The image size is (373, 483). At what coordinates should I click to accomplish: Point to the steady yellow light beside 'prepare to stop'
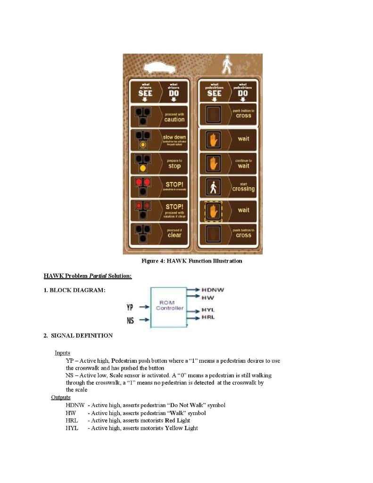click(x=143, y=167)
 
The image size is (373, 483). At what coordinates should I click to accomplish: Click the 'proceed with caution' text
click(x=174, y=117)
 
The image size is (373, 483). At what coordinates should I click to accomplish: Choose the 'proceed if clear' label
click(x=174, y=233)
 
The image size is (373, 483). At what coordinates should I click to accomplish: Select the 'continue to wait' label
click(x=243, y=164)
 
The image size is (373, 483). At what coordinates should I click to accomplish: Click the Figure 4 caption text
click(x=192, y=261)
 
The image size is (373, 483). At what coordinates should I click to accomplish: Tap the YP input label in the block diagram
click(x=130, y=308)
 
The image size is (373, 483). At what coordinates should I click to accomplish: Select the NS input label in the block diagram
click(x=130, y=321)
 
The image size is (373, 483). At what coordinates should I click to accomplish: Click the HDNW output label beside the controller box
click(x=213, y=290)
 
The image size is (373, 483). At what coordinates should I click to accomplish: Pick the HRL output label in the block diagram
click(x=208, y=317)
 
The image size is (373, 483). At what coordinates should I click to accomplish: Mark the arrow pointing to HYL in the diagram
click(x=193, y=310)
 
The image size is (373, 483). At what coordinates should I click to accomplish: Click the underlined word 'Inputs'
click(x=62, y=353)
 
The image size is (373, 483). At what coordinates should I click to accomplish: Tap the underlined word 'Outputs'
click(x=61, y=397)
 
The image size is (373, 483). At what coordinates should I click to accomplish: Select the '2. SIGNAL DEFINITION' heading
click(x=78, y=336)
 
